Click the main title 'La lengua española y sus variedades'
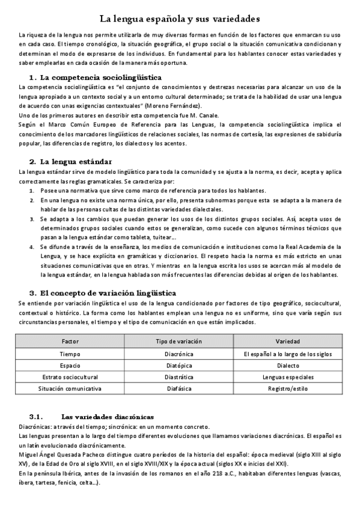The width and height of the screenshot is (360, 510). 180,19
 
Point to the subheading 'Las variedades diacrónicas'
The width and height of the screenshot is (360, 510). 108,416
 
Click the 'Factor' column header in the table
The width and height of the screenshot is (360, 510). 70,341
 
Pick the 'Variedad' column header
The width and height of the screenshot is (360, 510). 288,341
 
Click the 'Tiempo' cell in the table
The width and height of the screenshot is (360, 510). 70,354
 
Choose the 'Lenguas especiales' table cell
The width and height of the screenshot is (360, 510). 288,377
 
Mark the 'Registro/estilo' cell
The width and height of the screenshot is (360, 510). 288,389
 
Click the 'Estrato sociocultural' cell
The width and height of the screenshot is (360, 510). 70,377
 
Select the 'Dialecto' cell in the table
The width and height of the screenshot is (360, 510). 288,365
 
